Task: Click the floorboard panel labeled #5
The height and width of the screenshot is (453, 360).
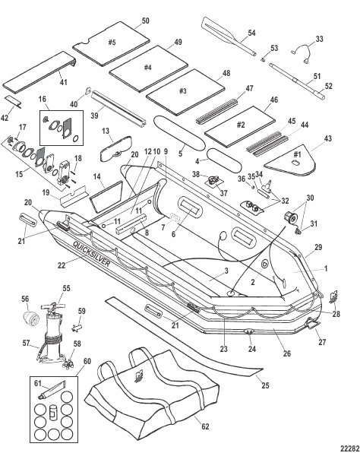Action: [111, 43]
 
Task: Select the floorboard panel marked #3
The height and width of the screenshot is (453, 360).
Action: [185, 91]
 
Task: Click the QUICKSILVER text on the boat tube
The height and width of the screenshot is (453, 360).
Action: [91, 254]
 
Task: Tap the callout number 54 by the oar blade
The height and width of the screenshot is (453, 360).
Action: [251, 33]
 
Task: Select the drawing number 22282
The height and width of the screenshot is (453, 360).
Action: [349, 448]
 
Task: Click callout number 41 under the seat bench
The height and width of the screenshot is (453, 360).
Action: [63, 82]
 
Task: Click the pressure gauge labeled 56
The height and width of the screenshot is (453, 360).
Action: [30, 318]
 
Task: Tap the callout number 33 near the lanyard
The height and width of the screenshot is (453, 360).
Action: [319, 40]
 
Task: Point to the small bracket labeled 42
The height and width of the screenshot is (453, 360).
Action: [14, 102]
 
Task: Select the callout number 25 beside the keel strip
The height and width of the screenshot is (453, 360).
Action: [265, 385]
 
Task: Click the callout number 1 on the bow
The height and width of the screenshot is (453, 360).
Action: [326, 268]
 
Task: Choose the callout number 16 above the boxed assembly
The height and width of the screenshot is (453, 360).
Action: [42, 99]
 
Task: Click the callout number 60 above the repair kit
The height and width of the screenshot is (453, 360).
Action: [87, 361]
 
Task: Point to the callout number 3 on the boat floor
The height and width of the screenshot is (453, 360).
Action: [226, 271]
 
